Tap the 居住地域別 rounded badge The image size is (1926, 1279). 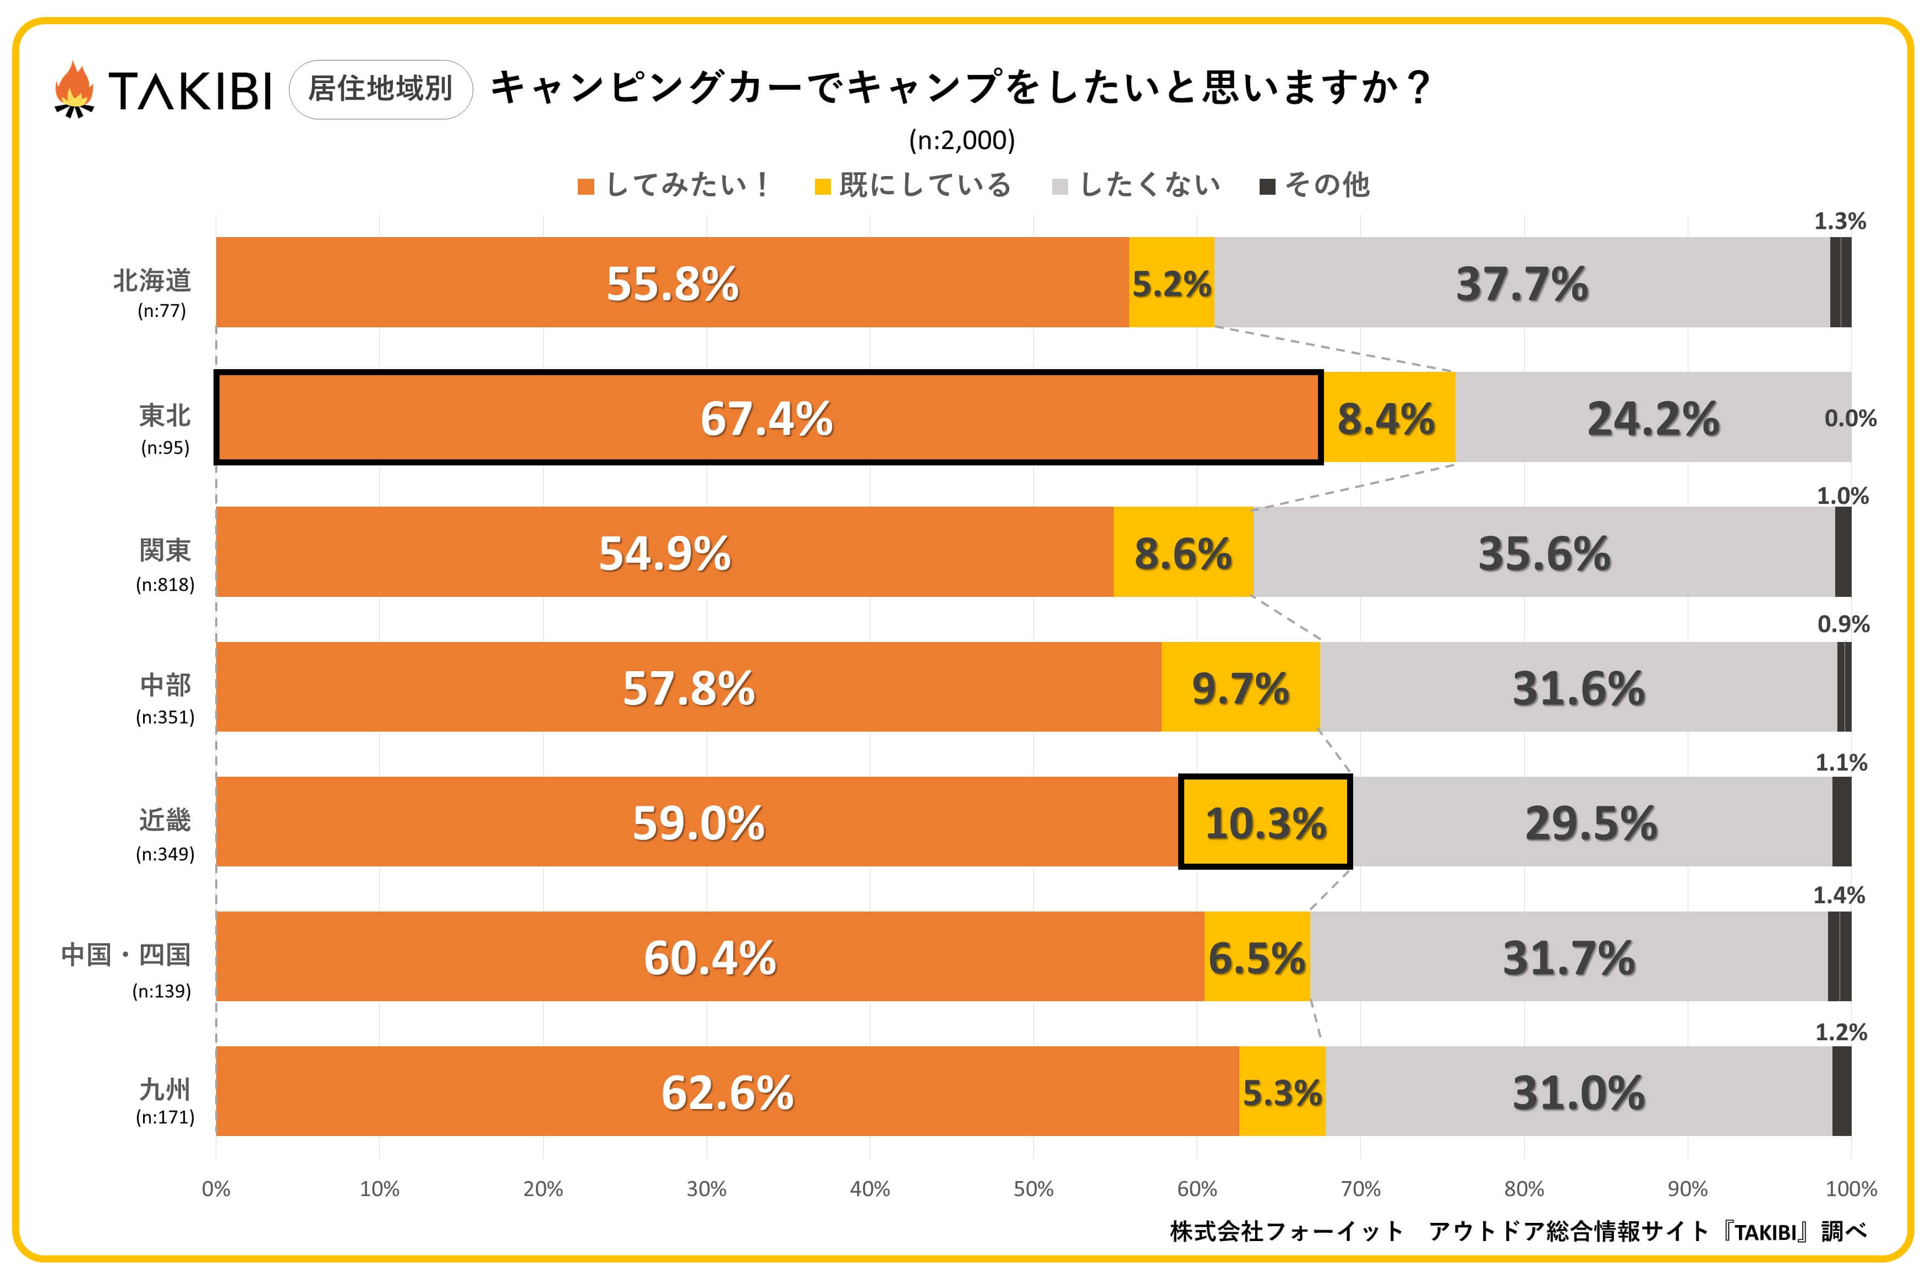pyautogui.click(x=380, y=89)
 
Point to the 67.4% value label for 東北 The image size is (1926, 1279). pyautogui.click(x=766, y=419)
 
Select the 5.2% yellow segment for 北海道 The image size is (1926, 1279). pyautogui.click(x=1172, y=283)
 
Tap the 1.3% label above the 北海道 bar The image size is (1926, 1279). pyautogui.click(x=1840, y=221)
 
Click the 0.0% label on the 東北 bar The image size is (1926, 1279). pyautogui.click(x=1850, y=419)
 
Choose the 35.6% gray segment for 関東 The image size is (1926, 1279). pyautogui.click(x=1544, y=553)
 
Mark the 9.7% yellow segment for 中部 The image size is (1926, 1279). pyautogui.click(x=1240, y=688)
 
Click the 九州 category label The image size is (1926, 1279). pyautogui.click(x=165, y=1089)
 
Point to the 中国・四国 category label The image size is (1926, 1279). pyautogui.click(x=127, y=954)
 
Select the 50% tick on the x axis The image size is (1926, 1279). pyautogui.click(x=1033, y=1188)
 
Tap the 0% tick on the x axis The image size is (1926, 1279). pyautogui.click(x=216, y=1188)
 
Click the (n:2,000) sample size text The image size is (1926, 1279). pyautogui.click(x=962, y=140)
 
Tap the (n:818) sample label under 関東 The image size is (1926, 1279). pyautogui.click(x=165, y=584)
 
